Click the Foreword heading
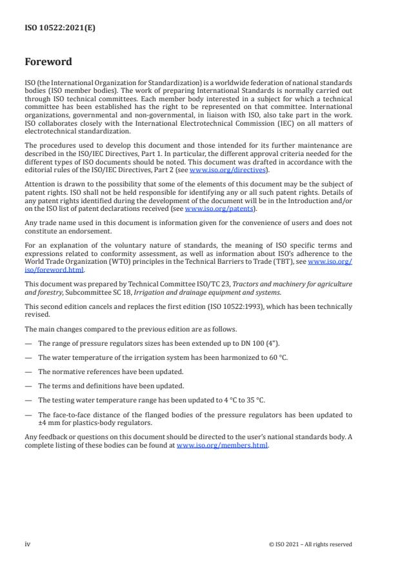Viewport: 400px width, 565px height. (x=48, y=63)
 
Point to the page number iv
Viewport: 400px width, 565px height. (x=28, y=544)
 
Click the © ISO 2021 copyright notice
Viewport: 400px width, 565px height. (x=310, y=544)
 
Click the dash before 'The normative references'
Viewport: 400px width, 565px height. (x=28, y=371)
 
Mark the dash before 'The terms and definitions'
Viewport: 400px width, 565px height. (x=28, y=386)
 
